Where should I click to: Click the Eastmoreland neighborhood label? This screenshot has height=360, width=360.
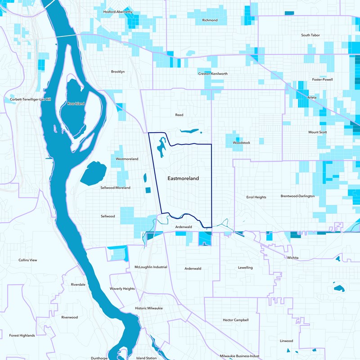[x=183, y=178]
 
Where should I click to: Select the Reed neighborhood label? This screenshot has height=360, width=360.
[x=179, y=115]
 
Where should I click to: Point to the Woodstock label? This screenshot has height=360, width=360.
[x=241, y=143]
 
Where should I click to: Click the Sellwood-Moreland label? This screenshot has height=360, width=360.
[x=116, y=187]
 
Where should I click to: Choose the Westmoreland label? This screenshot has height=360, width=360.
[x=127, y=159]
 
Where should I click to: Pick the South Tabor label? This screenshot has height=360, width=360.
[x=310, y=35]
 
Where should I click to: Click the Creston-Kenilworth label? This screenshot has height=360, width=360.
[x=213, y=73]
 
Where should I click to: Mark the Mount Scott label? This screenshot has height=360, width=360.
[x=318, y=132]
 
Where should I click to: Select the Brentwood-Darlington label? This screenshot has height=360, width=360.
[x=297, y=196]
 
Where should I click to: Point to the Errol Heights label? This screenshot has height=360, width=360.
[x=256, y=197]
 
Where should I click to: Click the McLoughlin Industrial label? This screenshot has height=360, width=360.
[x=151, y=267]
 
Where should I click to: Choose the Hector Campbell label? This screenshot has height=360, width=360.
[x=235, y=320]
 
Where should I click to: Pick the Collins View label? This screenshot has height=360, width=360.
[x=28, y=260]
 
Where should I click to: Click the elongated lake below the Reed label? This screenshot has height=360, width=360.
[x=189, y=131]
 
